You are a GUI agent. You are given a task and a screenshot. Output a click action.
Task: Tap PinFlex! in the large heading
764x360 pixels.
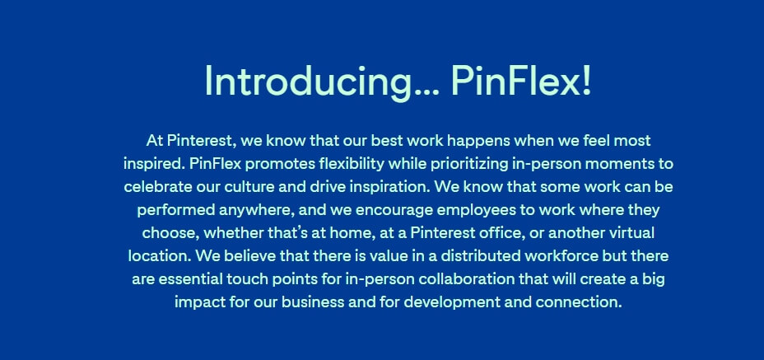tap(521, 81)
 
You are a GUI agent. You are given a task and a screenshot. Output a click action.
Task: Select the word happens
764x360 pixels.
tap(479, 142)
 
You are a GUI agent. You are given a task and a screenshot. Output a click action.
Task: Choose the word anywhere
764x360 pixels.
tap(256, 211)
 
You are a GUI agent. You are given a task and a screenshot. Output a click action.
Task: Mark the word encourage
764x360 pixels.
tap(394, 211)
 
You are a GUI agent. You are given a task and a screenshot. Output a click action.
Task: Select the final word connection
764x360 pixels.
tap(579, 302)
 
